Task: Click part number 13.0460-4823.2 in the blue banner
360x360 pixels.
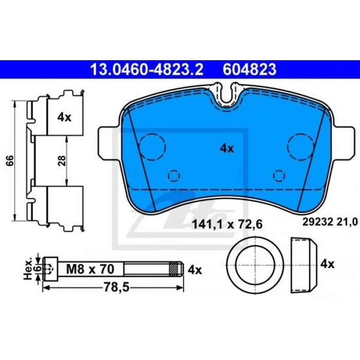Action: point(147,69)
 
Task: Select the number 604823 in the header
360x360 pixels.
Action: point(249,69)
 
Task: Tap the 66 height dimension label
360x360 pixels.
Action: point(10,160)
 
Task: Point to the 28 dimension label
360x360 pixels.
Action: point(62,160)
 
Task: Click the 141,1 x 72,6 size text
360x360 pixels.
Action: point(227,224)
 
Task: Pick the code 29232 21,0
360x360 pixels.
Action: point(330,222)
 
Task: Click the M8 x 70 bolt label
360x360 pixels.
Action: point(90,269)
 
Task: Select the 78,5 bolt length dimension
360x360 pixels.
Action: point(117,287)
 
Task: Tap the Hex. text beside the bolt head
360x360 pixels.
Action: point(28,269)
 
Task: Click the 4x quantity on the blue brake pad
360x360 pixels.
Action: point(227,149)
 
